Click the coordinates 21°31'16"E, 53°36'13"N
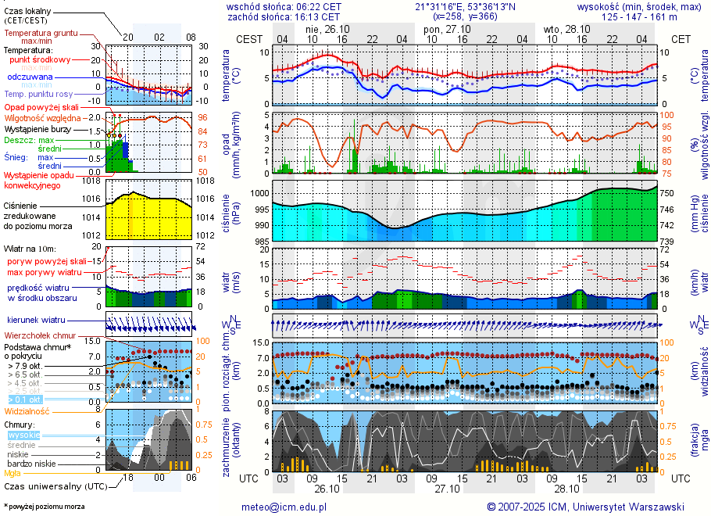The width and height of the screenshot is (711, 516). [x=466, y=6]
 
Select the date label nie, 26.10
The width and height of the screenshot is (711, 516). [x=316, y=29]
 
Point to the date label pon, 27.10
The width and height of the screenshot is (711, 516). [x=442, y=29]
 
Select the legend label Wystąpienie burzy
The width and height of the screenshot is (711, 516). [x=41, y=128]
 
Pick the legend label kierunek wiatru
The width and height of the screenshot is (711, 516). [x=36, y=320]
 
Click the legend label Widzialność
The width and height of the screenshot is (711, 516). [x=27, y=410]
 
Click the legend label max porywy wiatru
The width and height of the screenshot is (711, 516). [x=45, y=272]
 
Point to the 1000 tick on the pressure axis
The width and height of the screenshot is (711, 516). [x=259, y=193]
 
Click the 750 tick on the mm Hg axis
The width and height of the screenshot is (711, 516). [x=669, y=193]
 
